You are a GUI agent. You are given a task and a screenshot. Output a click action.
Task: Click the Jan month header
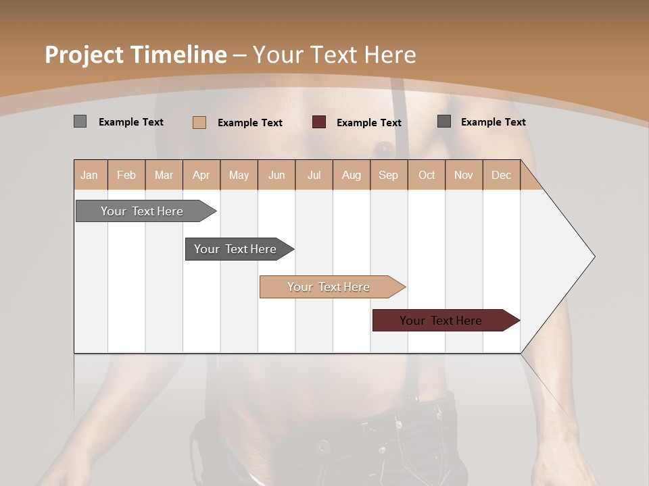click(89, 175)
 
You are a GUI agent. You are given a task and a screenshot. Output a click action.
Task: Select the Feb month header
click(126, 175)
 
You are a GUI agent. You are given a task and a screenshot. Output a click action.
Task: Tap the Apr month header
click(201, 175)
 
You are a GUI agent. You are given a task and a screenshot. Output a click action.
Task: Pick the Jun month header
click(277, 175)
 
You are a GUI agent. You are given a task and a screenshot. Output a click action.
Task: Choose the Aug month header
click(352, 175)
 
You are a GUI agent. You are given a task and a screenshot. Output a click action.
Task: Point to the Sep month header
click(388, 175)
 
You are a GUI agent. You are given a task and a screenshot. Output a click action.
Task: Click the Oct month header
click(427, 175)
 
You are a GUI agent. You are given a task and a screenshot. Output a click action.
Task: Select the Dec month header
click(501, 175)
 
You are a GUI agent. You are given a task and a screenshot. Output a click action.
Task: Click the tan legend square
click(199, 122)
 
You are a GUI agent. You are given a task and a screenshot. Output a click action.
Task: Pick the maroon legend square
click(319, 122)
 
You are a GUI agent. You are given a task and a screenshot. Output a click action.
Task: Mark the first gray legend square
click(80, 122)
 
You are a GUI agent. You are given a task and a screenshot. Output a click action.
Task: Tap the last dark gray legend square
click(444, 122)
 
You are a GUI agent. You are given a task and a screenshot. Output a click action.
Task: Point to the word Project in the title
click(84, 55)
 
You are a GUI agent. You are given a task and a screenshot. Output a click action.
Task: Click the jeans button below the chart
click(322, 446)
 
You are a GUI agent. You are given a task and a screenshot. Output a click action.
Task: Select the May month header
click(239, 175)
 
